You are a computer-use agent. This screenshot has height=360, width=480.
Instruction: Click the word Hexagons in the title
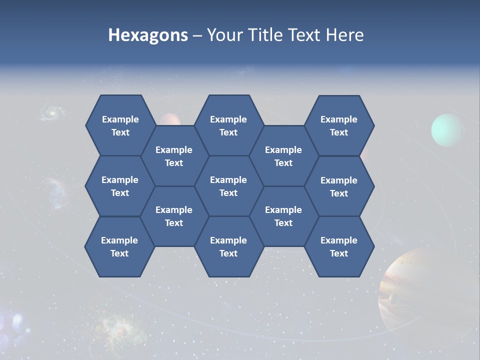[148, 35]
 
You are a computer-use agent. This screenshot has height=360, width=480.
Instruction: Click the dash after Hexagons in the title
[197, 35]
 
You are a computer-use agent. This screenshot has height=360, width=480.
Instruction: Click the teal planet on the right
[447, 130]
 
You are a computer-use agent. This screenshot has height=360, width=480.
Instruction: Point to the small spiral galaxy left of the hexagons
[50, 113]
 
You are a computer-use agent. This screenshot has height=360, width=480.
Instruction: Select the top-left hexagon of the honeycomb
[120, 125]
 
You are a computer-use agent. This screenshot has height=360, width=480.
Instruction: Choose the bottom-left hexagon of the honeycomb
[119, 246]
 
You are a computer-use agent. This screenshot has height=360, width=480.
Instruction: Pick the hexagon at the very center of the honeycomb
[228, 186]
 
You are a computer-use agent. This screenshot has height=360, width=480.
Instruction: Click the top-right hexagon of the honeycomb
[339, 125]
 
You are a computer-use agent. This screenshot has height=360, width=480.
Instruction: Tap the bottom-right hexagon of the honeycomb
[339, 246]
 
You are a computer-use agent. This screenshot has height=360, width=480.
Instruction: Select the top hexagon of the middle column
[228, 125]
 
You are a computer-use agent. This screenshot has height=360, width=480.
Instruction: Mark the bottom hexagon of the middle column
[228, 246]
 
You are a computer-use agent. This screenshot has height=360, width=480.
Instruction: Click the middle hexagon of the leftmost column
[120, 186]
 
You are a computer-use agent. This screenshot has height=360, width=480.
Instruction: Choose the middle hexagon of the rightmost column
[339, 186]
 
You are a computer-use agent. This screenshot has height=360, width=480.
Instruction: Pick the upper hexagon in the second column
[174, 156]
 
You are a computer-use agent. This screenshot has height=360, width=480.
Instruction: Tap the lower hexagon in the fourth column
[283, 216]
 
